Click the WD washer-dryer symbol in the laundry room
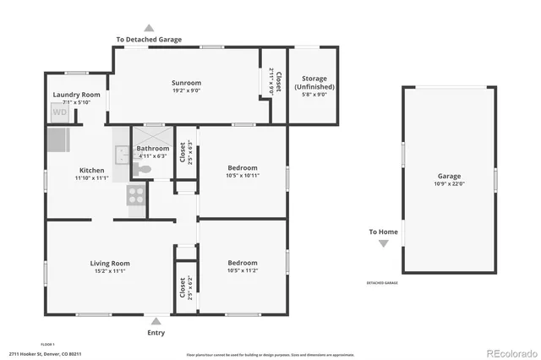point(60,112)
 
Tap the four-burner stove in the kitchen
point(136,196)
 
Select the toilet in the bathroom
point(143,170)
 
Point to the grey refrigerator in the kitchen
point(58,138)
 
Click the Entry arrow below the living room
point(156,321)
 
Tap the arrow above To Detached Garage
point(150,28)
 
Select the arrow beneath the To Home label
point(383,243)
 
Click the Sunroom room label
point(186,83)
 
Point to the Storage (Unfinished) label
point(314,83)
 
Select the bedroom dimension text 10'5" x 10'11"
point(243,176)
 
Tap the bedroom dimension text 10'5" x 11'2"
point(243,270)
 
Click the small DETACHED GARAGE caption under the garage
point(382,282)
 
